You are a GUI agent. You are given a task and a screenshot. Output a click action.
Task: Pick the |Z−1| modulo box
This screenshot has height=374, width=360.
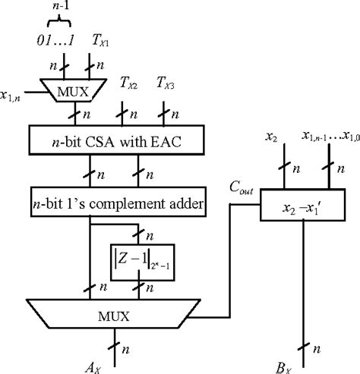(x=141, y=259)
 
